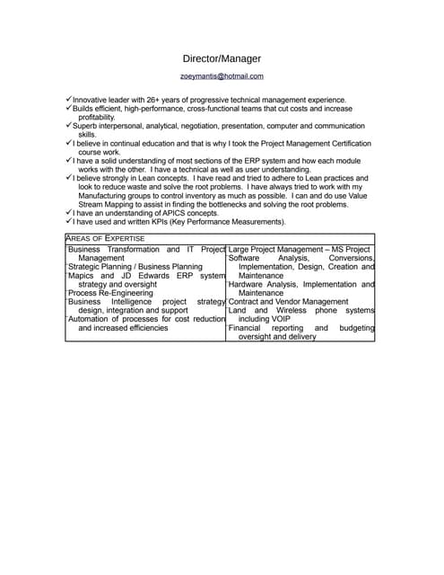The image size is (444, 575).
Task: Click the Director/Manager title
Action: [x=222, y=58]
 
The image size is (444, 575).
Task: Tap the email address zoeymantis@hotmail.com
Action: [x=222, y=76]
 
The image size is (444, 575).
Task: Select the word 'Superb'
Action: [x=89, y=126]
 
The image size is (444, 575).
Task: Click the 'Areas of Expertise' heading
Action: [x=106, y=237]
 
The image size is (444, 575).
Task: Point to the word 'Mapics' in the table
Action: [x=83, y=276]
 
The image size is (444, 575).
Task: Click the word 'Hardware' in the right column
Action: [x=248, y=284]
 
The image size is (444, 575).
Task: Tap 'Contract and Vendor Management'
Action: [x=288, y=302]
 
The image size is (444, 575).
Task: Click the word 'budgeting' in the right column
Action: [x=357, y=328]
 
